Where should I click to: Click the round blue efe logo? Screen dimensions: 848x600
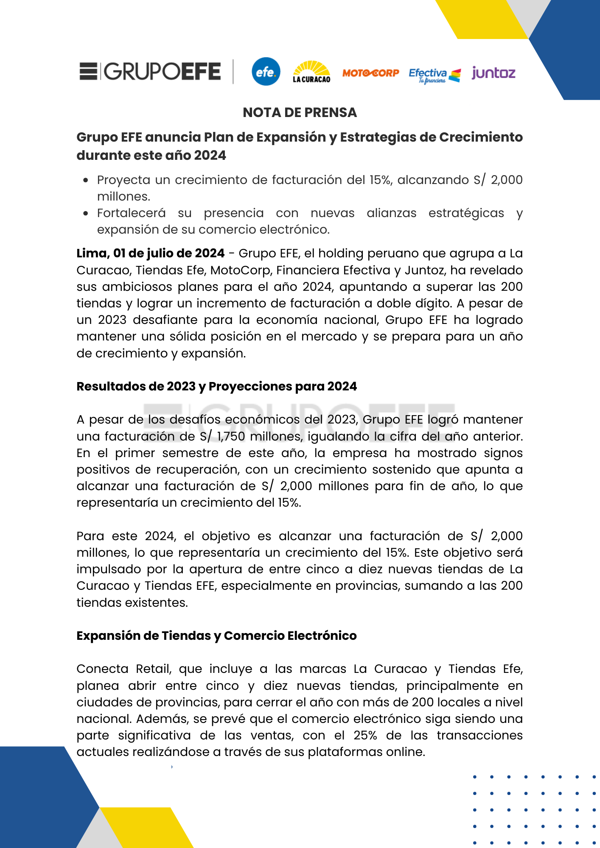coord(266,72)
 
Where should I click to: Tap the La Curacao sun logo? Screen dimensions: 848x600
coord(311,72)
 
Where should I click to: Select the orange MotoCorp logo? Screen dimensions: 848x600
coord(370,73)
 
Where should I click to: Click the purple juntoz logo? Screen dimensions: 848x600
coord(493,73)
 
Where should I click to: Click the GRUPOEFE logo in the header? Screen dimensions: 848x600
coord(150,71)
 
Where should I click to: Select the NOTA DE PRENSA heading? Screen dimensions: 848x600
coord(300,112)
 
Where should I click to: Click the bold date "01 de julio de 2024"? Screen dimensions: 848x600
coord(168,253)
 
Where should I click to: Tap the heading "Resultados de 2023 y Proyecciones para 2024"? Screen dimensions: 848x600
coord(216,386)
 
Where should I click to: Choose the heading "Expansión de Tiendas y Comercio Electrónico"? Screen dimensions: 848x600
coord(216,636)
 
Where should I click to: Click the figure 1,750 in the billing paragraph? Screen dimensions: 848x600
coord(231,436)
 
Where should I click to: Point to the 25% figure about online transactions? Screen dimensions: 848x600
coord(365,735)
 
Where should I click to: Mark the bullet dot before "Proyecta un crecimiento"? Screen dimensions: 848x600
coord(86,180)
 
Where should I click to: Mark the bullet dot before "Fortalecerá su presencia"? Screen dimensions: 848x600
coord(86,213)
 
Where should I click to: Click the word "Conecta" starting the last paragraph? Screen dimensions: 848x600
coord(102,669)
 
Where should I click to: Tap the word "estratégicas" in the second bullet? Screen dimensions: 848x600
coord(466,213)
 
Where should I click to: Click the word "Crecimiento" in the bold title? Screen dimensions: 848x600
coord(480,137)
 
